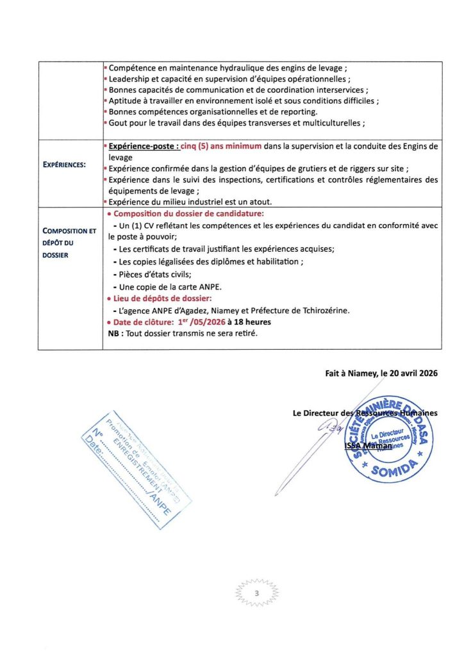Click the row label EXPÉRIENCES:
[x=65, y=165]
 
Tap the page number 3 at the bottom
[x=256, y=594]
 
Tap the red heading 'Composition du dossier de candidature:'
[x=185, y=213]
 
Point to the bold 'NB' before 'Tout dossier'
[x=114, y=333]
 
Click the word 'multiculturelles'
[x=330, y=124]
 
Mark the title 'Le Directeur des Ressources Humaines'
[x=365, y=413]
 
